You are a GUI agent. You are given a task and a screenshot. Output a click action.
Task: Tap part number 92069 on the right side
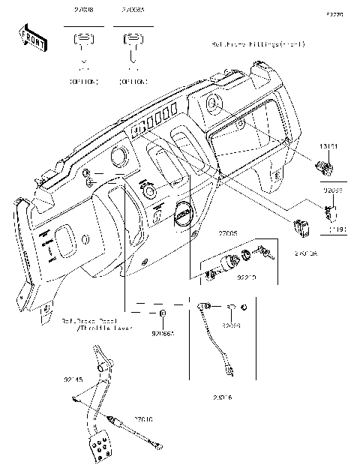point(332,191)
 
